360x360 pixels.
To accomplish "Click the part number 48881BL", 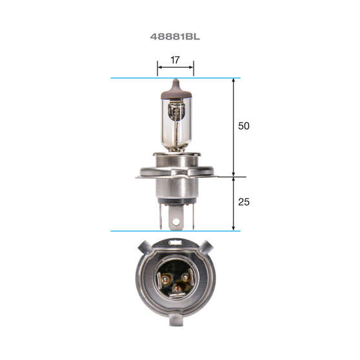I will click(175, 37).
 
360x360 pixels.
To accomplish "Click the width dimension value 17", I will click(175, 61).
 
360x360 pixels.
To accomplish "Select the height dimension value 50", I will click(243, 126).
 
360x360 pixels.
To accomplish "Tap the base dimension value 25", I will click(243, 203).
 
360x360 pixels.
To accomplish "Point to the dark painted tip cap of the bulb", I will click(176, 90).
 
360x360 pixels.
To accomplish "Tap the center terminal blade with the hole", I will click(175, 218).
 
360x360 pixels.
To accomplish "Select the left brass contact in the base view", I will click(165, 279).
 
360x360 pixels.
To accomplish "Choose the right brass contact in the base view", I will click(186, 279).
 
